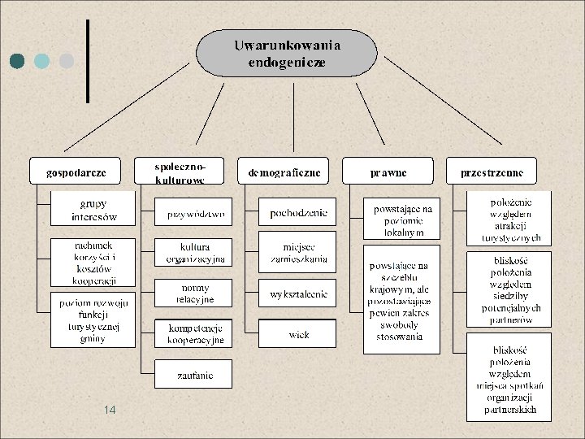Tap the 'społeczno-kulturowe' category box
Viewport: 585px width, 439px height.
[x=180, y=172]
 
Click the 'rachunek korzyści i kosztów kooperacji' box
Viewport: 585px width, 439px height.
[x=93, y=263]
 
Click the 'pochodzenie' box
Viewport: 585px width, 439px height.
[x=297, y=212]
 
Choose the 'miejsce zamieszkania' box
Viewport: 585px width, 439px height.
[x=297, y=253]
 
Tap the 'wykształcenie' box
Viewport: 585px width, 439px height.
[x=297, y=293]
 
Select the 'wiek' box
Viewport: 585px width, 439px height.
[x=297, y=333]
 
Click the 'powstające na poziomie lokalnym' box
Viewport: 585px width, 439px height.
[x=401, y=219]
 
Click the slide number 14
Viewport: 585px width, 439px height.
[x=110, y=411]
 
